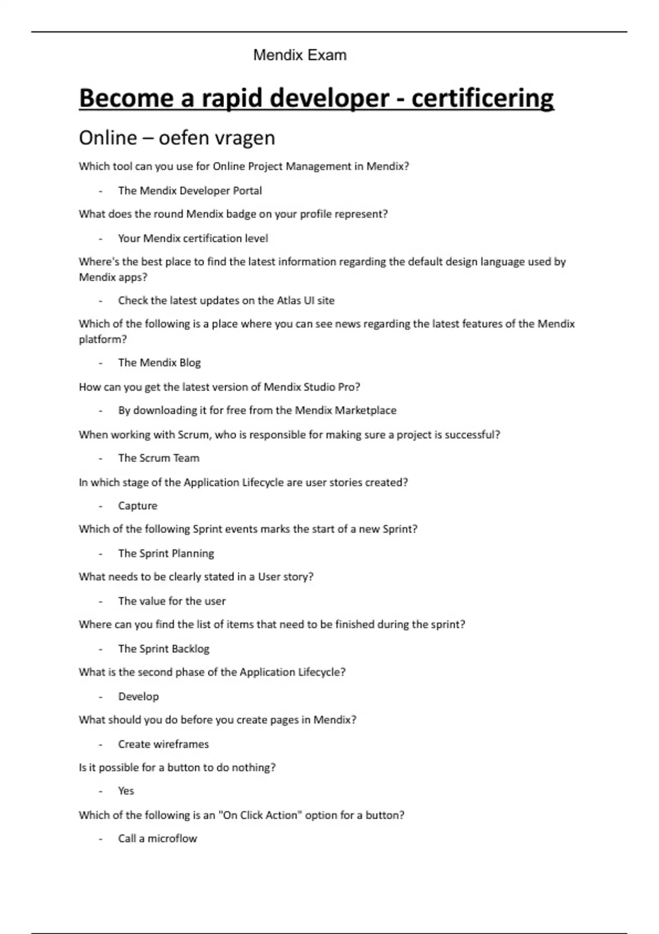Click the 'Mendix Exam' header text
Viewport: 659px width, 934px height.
(300, 55)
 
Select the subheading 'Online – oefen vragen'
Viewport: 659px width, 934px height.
(177, 137)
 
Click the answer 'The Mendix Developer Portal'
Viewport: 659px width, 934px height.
(190, 191)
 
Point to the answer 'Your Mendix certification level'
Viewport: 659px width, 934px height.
(193, 238)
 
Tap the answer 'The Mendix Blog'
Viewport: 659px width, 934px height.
(159, 363)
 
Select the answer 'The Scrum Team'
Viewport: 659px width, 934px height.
(159, 458)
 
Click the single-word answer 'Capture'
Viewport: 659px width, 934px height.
(137, 506)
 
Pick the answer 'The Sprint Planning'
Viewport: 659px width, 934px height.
(166, 553)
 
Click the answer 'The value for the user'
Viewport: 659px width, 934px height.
(172, 601)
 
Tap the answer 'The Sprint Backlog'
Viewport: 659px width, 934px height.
(164, 649)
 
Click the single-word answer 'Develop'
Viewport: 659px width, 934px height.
(138, 697)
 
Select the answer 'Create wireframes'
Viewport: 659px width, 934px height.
(164, 744)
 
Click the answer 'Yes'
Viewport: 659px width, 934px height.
(126, 791)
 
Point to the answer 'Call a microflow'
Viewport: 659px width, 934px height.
(158, 838)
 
